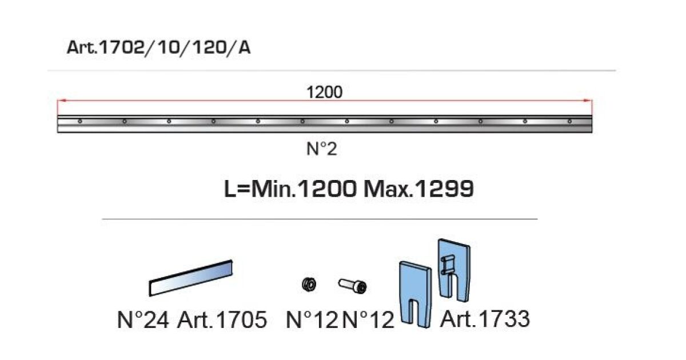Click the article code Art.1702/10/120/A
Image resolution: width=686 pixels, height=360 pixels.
pyautogui.click(x=159, y=48)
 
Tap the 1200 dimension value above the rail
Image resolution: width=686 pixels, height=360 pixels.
pyautogui.click(x=324, y=93)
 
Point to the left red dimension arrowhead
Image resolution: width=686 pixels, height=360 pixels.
pyautogui.click(x=62, y=100)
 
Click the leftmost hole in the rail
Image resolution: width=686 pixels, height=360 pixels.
pyautogui.click(x=80, y=122)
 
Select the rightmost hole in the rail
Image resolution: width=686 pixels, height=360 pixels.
pyautogui.click(x=569, y=122)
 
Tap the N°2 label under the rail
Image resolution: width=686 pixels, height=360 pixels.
pyautogui.click(x=321, y=149)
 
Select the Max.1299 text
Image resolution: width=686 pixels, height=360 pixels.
pyautogui.click(x=418, y=189)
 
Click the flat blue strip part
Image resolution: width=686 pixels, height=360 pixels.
pyautogui.click(x=191, y=278)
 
